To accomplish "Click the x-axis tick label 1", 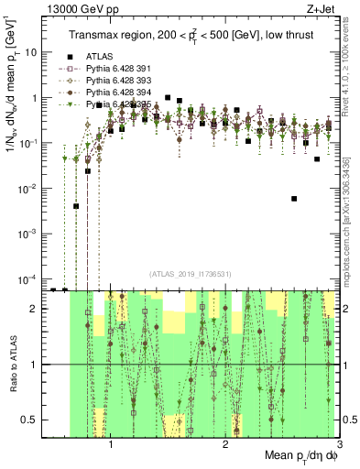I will (x=111, y=446).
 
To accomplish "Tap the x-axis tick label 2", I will (x=225, y=446).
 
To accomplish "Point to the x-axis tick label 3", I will (x=339, y=446).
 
